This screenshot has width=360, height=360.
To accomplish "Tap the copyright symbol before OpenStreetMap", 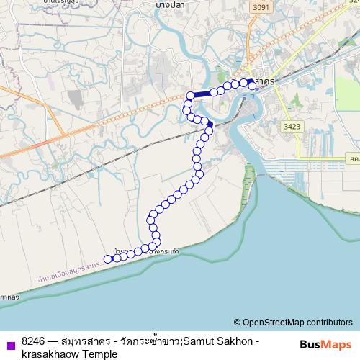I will (237, 323).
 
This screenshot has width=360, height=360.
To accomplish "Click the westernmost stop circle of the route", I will (108, 259).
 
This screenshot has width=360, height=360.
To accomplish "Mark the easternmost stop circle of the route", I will (252, 84).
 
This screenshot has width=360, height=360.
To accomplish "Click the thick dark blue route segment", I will (202, 93).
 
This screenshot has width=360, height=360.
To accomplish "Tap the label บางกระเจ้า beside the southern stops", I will (161, 251).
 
